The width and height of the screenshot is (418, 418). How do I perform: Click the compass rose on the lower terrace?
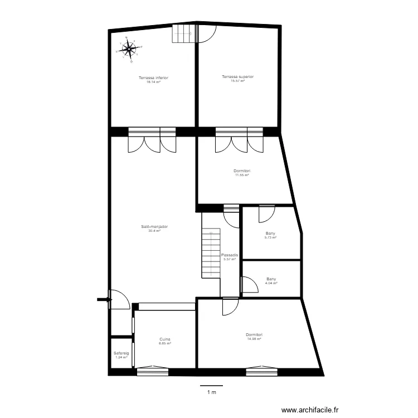coord(129,49)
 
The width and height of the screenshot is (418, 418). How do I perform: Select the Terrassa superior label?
coord(237,76)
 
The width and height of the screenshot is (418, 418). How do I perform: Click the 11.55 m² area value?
coord(241,175)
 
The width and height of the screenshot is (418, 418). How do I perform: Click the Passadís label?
coord(230,255)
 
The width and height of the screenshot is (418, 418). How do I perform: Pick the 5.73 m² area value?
coord(271,237)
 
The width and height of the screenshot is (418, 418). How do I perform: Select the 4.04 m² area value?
coord(271,283)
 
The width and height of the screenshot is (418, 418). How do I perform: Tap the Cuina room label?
coord(165,339)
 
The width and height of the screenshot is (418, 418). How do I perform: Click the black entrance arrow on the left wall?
coord(104,300)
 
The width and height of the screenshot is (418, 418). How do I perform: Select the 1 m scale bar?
coord(211,386)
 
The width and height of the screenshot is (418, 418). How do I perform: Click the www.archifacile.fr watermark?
coord(310,410)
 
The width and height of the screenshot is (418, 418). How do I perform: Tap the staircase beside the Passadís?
coord(211,254)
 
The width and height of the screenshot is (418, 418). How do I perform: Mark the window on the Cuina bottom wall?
coord(152,367)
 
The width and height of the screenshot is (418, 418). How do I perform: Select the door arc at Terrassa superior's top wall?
coord(206,34)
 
